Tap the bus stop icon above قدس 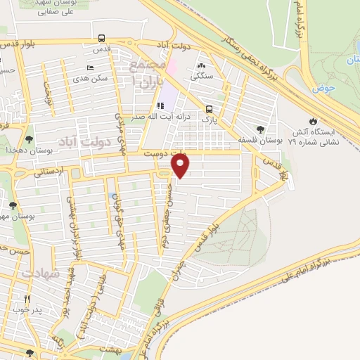[103, 39]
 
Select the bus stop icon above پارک [209, 109]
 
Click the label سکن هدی [94, 78]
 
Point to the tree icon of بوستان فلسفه [261, 129]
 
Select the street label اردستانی [49, 170]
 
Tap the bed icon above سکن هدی [89, 67]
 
